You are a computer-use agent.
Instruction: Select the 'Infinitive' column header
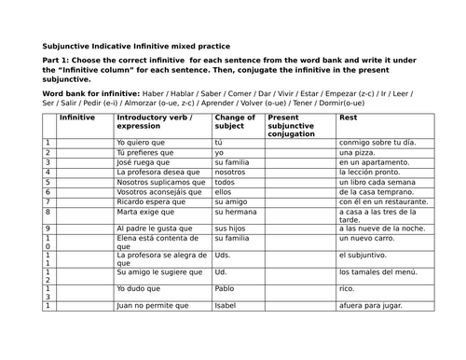pyautogui.click(x=76, y=118)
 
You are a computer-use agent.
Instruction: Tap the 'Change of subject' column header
pyautogui.click(x=234, y=124)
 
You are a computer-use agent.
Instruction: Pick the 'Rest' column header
pyautogui.click(x=347, y=118)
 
